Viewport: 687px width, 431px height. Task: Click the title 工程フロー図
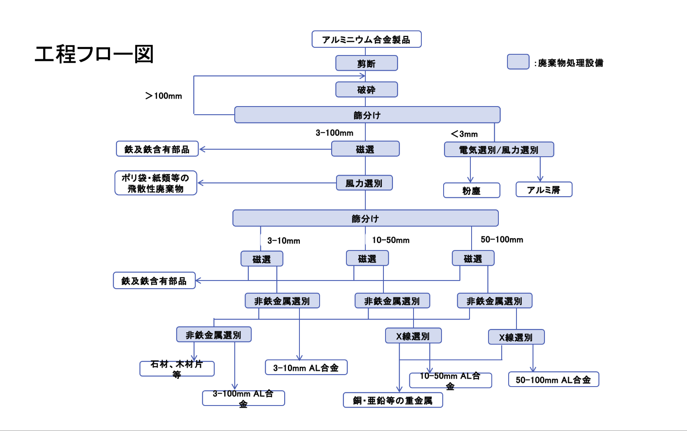[x=94, y=54]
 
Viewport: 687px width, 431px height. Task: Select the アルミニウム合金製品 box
[x=367, y=39]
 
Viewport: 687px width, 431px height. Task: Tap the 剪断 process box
[x=367, y=63]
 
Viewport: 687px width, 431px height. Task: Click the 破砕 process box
[x=367, y=89]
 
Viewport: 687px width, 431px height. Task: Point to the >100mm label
[x=164, y=96]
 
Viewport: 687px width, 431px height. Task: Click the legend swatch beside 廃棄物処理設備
[x=518, y=62]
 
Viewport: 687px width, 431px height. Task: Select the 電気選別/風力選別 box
[x=499, y=149]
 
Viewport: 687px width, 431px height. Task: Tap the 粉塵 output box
[x=472, y=190]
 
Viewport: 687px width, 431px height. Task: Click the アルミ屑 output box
[x=544, y=189]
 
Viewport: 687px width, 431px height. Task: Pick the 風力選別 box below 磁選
[x=365, y=183]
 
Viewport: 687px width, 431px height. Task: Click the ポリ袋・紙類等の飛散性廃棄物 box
[x=156, y=183]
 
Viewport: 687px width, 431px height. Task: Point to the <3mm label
[x=464, y=134]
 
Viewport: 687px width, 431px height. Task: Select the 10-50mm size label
[x=391, y=240]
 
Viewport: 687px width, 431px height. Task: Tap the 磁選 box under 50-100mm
[x=473, y=258]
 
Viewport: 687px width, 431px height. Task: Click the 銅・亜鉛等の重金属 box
[x=393, y=400]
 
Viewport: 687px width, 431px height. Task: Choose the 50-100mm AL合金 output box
[x=554, y=380]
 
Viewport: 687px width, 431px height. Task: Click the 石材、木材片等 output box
[x=177, y=369]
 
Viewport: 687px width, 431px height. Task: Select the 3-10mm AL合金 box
[x=306, y=367]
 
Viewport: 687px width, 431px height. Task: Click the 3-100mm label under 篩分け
[x=334, y=133]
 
